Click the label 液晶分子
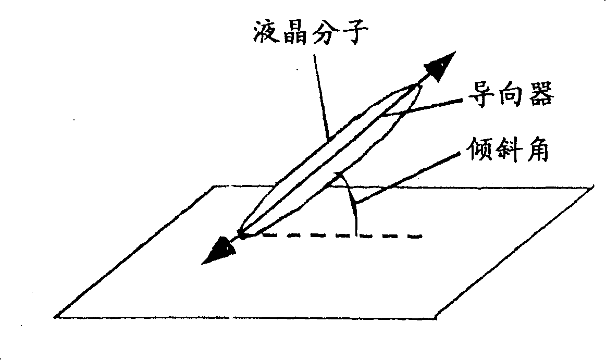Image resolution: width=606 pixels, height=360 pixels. pos(311,34)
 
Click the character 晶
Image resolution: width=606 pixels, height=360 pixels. pos(295,34)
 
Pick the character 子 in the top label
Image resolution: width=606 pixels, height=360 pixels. pos(358,34)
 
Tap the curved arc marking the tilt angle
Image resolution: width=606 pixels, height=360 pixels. pos(353,206)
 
